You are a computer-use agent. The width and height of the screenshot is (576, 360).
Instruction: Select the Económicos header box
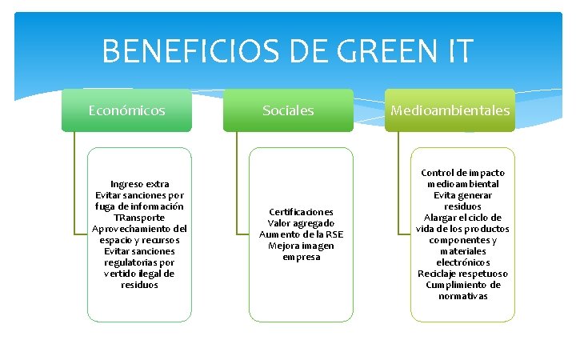point(127,110)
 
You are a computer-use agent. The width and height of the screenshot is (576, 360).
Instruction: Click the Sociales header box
point(288,110)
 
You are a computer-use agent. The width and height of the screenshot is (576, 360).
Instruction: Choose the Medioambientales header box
point(450,110)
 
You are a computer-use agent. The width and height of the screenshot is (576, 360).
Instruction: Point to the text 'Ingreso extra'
point(140,183)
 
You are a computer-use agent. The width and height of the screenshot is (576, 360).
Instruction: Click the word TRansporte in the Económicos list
point(140,217)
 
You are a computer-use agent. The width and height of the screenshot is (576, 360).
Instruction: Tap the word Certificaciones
point(301,212)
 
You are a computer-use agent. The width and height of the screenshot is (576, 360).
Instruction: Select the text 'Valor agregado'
point(301,223)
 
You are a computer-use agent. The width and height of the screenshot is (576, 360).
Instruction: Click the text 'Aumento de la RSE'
point(301,234)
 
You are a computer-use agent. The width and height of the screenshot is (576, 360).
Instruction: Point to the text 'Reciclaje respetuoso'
point(462,274)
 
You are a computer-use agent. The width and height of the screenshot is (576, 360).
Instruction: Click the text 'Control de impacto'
point(462,173)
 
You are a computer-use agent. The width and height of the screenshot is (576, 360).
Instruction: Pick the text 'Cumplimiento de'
point(462,285)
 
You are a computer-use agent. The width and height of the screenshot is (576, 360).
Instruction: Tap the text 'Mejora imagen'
point(301,246)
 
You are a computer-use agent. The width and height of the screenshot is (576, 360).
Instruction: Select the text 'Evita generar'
point(462,195)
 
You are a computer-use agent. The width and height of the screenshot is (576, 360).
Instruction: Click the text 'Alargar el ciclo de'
point(462,218)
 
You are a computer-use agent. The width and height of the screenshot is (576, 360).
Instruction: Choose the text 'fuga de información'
point(140,206)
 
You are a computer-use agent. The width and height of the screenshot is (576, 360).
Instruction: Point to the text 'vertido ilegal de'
point(140,274)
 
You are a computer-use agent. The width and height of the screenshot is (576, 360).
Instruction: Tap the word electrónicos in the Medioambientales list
point(462,262)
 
